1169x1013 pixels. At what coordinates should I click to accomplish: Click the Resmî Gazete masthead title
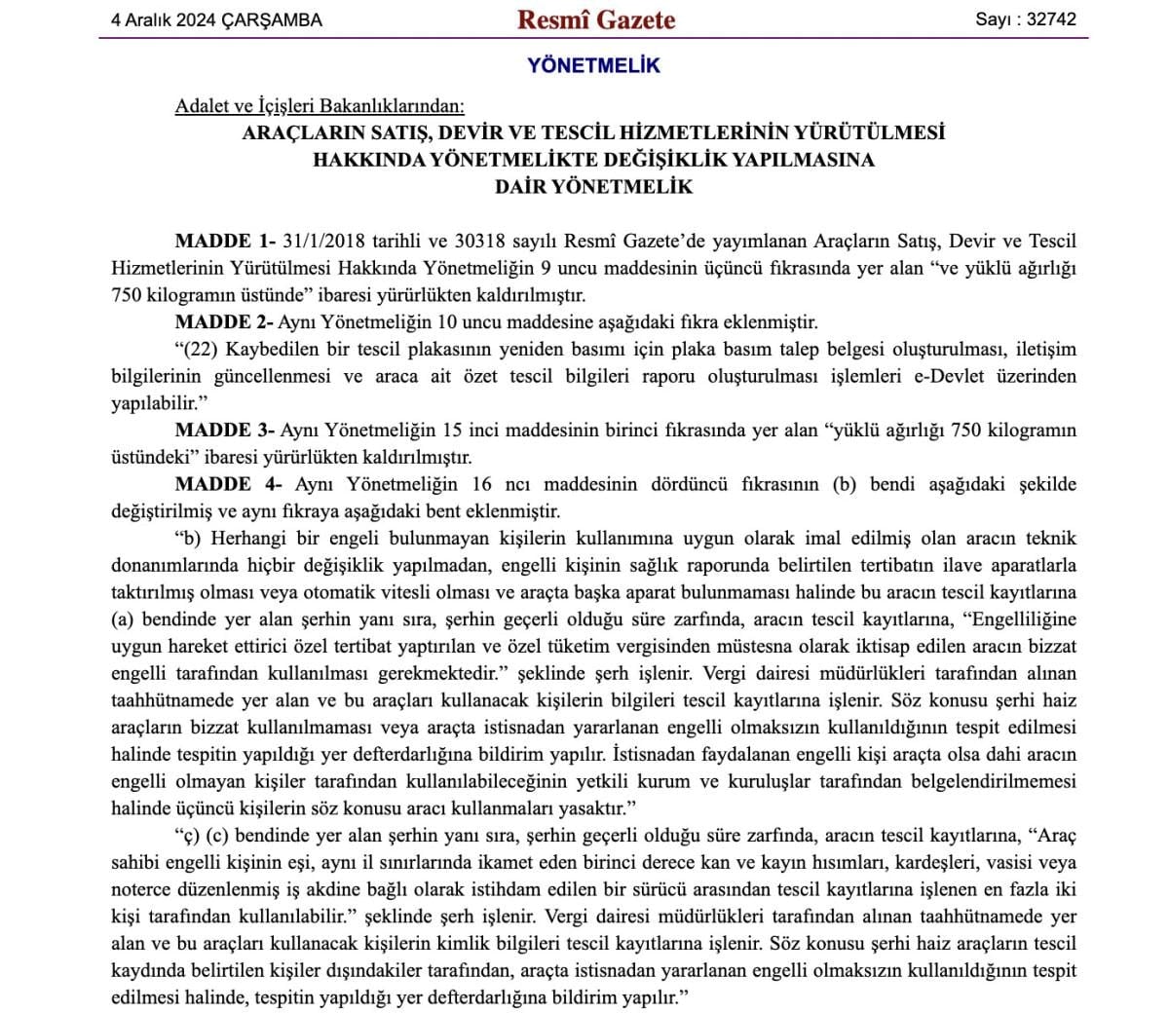coord(595,19)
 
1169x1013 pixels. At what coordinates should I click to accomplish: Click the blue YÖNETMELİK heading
coord(593,65)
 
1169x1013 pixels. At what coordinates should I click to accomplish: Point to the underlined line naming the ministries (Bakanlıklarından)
coord(320,105)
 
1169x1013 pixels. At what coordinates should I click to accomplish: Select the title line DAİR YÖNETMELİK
coord(593,187)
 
